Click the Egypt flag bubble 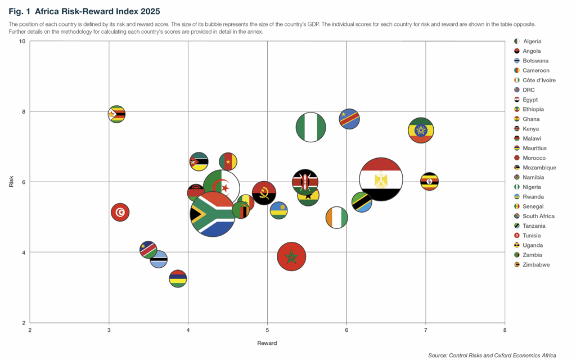[x=380, y=179]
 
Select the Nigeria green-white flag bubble [x=310, y=127]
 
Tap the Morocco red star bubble [x=291, y=256]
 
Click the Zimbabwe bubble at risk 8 [x=116, y=114]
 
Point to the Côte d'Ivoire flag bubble [x=336, y=218]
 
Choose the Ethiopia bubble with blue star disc [x=421, y=130]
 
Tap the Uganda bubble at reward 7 [x=429, y=181]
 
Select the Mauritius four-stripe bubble [x=178, y=278]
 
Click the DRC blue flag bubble [x=349, y=119]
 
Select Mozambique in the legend [x=539, y=168]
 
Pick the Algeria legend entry [x=532, y=42]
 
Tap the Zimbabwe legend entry [x=536, y=264]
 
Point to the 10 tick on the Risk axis [x=22, y=42]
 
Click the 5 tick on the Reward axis [x=267, y=330]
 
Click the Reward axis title [x=267, y=343]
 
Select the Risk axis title [x=11, y=182]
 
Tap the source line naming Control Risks [x=492, y=355]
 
